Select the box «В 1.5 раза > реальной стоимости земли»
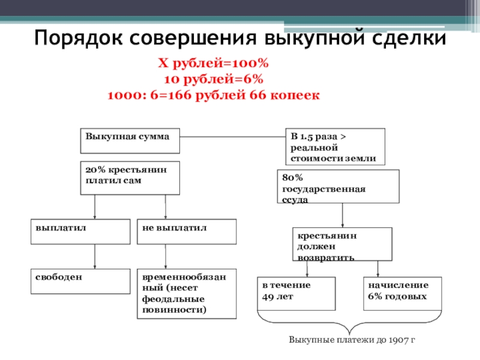(335, 146)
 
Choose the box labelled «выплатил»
(80, 231)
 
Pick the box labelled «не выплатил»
(187, 231)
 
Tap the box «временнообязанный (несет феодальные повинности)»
(187, 293)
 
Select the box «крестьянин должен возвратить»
(342, 244)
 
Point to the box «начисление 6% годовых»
(402, 293)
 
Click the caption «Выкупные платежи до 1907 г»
(352, 340)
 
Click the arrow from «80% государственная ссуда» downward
(342, 216)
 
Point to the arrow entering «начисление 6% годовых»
(378, 269)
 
